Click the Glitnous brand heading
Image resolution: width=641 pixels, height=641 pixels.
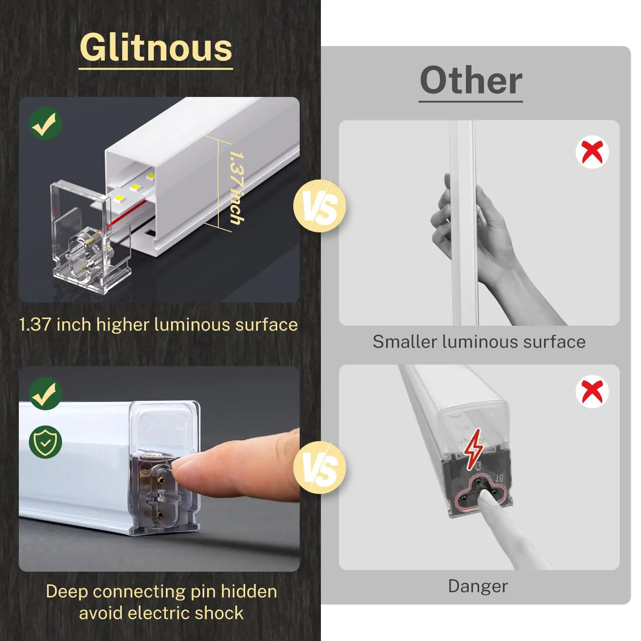(x=156, y=48)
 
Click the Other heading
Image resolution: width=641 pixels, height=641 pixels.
(x=471, y=81)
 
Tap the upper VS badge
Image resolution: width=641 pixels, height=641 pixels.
(x=319, y=206)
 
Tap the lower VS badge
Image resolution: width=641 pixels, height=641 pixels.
(x=319, y=468)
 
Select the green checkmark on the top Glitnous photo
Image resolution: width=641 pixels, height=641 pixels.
(x=45, y=123)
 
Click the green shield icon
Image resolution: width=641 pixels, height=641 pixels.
(x=45, y=442)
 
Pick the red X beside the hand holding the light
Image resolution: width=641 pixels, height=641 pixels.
(x=592, y=152)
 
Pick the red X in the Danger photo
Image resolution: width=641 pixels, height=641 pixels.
(x=592, y=391)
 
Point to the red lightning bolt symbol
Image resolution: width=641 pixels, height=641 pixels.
(x=474, y=449)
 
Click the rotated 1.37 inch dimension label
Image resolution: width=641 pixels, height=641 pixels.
(x=236, y=187)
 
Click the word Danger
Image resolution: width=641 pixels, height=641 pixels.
(x=478, y=586)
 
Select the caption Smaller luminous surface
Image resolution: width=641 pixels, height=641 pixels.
(x=479, y=342)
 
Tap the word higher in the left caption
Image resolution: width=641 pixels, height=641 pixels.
(x=123, y=325)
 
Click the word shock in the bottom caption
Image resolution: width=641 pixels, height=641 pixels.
(x=220, y=613)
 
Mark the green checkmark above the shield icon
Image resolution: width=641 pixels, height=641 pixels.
(x=45, y=393)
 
